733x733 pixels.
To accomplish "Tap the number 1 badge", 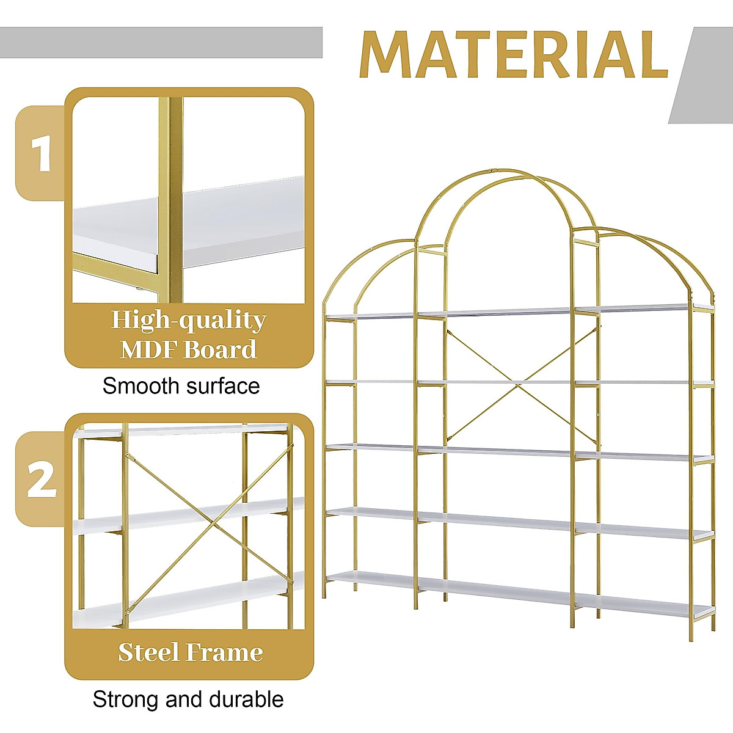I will click(41, 153).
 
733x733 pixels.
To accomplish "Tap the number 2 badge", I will click(41, 480).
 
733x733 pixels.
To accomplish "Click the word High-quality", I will click(188, 321).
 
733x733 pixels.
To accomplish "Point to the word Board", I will click(221, 350).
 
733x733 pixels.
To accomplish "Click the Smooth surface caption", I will click(181, 386).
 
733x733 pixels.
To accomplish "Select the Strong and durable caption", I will click(188, 699).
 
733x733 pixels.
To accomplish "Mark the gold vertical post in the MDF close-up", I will click(173, 202).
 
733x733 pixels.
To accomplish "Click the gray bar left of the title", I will click(161, 43).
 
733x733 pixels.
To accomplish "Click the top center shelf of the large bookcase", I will click(495, 313).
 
